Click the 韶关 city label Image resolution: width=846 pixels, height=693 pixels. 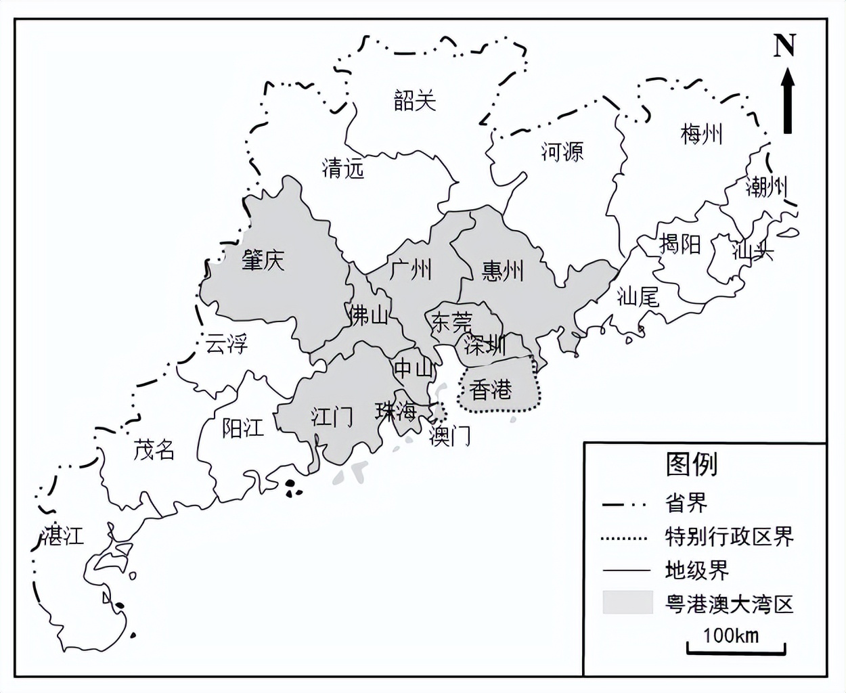click(415, 101)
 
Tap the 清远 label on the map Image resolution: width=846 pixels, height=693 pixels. click(343, 167)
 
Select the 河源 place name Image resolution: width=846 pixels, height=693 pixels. click(562, 151)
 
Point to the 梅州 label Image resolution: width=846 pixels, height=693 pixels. click(702, 134)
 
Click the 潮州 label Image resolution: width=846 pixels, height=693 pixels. click(766, 185)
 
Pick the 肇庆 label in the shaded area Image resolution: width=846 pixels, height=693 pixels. click(263, 260)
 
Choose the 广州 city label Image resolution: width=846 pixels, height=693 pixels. click(411, 269)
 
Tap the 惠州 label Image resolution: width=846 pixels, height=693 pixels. click(503, 271)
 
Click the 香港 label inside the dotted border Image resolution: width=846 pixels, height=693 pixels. click(491, 390)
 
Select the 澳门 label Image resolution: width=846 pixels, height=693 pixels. click(450, 437)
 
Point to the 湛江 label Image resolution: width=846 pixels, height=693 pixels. click(63, 535)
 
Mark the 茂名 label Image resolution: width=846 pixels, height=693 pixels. click(154, 449)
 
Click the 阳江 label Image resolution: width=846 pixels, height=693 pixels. click(243, 428)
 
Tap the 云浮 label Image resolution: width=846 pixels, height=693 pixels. click(227, 344)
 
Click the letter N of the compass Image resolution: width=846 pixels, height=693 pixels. click(784, 47)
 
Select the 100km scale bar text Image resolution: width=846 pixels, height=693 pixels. click(730, 635)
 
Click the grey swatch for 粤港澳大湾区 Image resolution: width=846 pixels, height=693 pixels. click(627, 602)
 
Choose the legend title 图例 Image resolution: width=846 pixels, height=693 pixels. click(691, 464)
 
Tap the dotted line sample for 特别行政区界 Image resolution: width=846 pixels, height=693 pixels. click(624, 539)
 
